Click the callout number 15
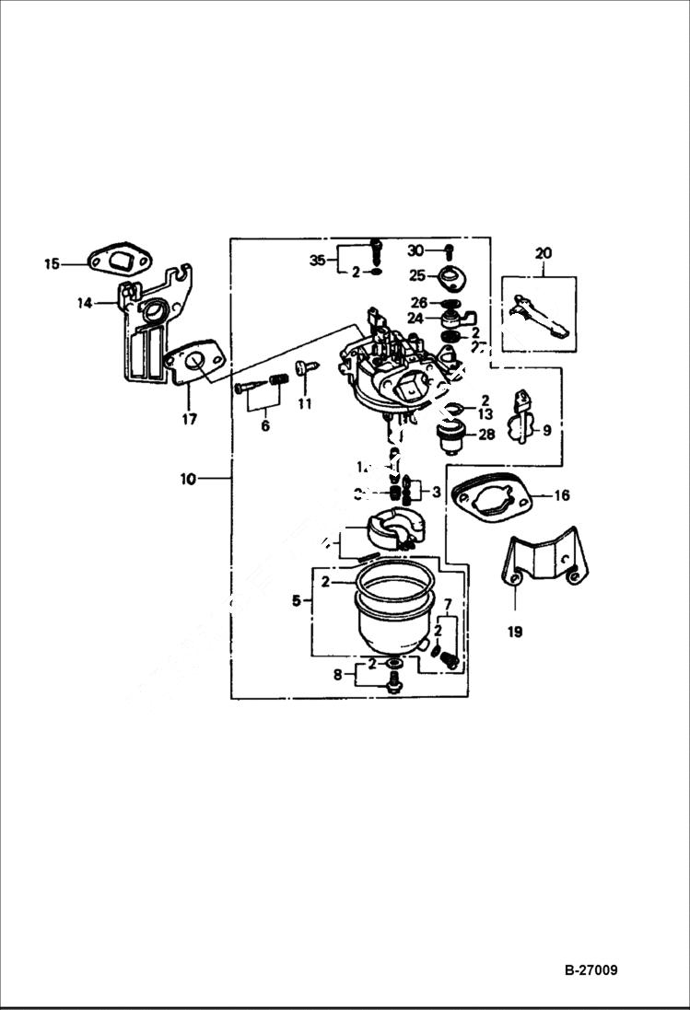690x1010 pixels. (x=52, y=264)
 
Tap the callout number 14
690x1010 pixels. (x=85, y=302)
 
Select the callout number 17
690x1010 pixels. (x=189, y=419)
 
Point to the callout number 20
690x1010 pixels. (x=543, y=252)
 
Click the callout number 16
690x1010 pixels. (x=561, y=495)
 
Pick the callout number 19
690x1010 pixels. (x=515, y=632)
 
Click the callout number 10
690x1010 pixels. (x=188, y=479)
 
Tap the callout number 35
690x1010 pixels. (x=318, y=260)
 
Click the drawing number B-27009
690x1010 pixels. (x=591, y=969)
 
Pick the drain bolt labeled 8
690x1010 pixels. (x=394, y=682)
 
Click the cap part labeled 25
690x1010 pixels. (x=452, y=276)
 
